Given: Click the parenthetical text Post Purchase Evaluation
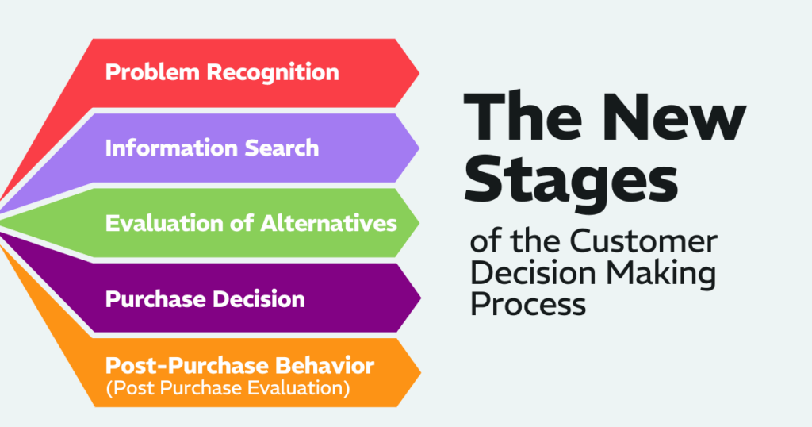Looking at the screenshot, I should click(229, 388).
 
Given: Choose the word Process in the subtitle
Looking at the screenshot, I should click(528, 303).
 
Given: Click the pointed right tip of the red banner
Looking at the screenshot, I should click(418, 72).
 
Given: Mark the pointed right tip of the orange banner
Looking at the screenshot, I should click(418, 373).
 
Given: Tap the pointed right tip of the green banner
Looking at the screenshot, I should click(418, 223).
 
